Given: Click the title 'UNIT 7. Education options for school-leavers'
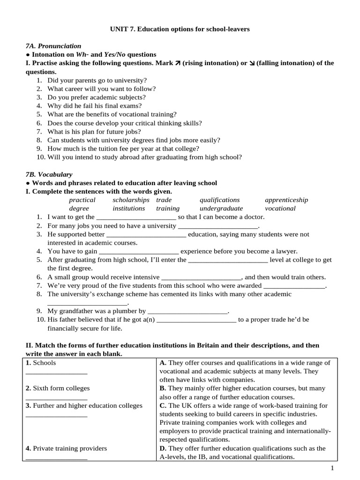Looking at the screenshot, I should tap(180, 29).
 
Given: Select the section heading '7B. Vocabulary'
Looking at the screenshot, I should tap(49, 174).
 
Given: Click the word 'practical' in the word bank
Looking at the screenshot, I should tap(82, 200).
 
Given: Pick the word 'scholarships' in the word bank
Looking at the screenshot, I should tap(131, 200).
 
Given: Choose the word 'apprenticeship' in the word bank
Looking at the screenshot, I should tap(286, 200).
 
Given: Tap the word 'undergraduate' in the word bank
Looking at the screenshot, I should tap(221, 208).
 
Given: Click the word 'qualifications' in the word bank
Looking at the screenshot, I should tap(219, 200).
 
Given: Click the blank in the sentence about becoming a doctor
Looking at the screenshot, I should tap(136, 217).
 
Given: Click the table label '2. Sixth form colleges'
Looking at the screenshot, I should tap(58, 388).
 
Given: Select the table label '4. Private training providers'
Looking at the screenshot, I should tap(66, 448).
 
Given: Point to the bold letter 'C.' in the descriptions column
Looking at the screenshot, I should tap(163, 405).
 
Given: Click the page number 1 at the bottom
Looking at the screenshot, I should tap(332, 468).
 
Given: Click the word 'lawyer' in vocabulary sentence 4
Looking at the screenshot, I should tap(287, 251).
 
